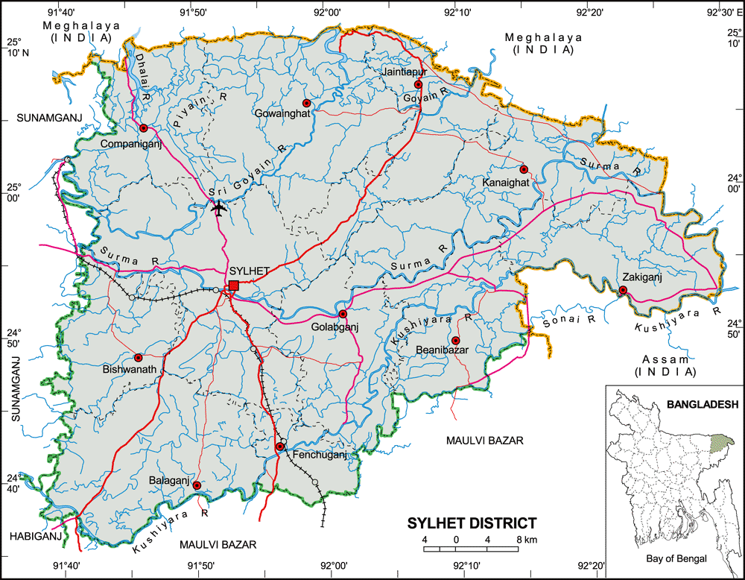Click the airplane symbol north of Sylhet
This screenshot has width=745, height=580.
218,208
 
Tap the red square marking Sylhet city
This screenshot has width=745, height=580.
234,286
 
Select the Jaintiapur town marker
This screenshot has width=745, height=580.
418,84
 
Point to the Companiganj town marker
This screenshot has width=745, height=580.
143,128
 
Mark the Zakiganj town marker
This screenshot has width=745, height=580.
623,290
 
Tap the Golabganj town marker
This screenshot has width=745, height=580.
343,314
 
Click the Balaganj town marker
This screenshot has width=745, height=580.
197,485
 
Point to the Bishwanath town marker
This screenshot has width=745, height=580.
138,358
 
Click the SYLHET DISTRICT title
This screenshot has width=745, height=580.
472,523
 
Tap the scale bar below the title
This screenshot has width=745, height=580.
471,549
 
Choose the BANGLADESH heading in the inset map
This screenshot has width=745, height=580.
702,405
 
